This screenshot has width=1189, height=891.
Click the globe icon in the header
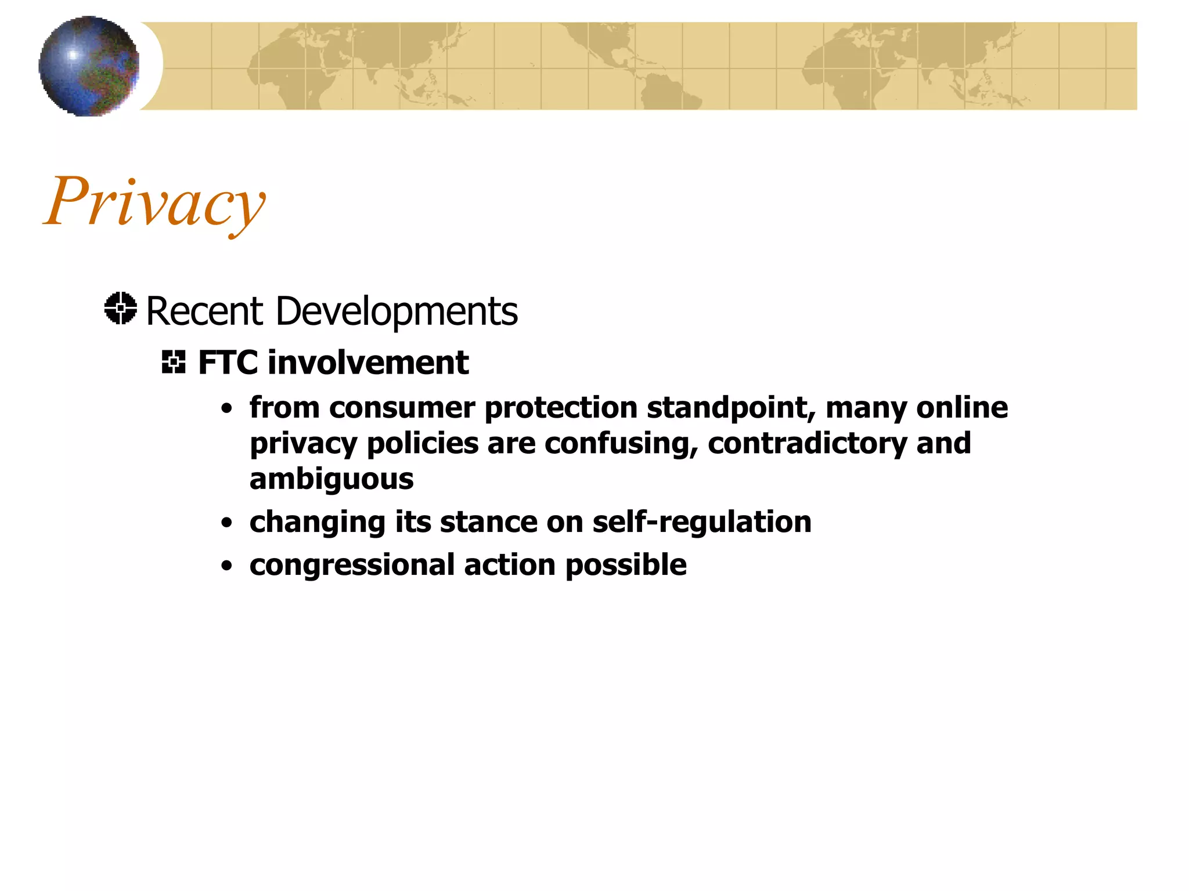(89, 66)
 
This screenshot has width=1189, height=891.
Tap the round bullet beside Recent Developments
(121, 308)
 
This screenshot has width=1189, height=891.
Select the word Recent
(205, 312)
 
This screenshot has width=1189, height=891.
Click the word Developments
(397, 312)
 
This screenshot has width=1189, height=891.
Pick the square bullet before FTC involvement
(174, 363)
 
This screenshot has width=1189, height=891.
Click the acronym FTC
(228, 363)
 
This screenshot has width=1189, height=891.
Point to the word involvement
(368, 363)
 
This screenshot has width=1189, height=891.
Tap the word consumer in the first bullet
(402, 407)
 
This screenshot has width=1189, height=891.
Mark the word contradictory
(807, 444)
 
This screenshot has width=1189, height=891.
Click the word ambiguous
(332, 480)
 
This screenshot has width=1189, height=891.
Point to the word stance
(488, 522)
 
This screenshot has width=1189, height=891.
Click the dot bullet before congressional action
(227, 566)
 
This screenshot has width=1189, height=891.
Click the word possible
(626, 566)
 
